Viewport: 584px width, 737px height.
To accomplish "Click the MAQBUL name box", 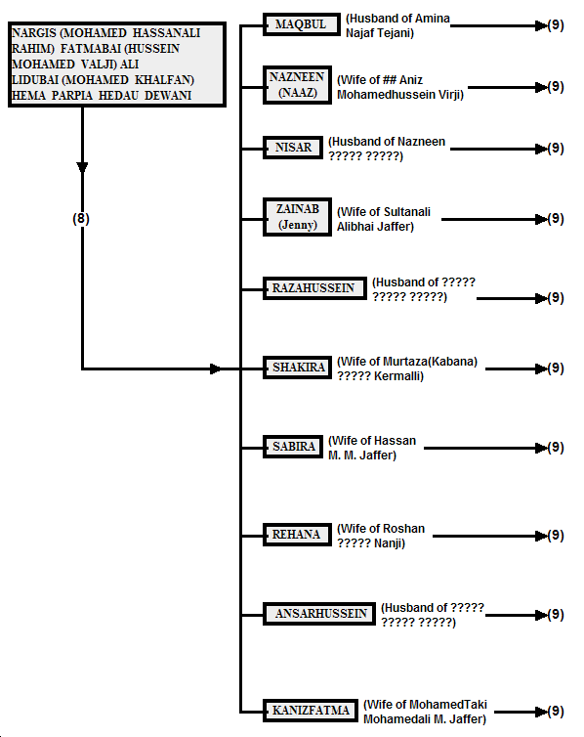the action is coord(302,24).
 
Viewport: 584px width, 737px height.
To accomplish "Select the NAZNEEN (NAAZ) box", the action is coord(297,85).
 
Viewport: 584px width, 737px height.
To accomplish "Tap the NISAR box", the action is coord(293,148).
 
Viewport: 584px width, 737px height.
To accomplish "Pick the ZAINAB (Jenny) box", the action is coord(297,217).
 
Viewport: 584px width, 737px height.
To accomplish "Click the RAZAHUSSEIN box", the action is coord(314,288).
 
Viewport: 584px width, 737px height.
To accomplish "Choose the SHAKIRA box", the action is coord(297,368).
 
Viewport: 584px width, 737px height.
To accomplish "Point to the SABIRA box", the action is coord(293,446).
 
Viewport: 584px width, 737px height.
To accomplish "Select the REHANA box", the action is coord(297,535).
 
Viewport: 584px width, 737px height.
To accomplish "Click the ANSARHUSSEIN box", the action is coord(319,614).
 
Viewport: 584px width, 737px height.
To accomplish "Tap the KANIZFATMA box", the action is coord(311,710).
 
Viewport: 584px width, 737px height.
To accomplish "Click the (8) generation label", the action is coord(81,219).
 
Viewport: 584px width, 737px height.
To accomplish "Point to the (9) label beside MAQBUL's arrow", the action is coord(556,24).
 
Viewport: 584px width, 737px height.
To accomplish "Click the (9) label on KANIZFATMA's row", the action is coord(556,712).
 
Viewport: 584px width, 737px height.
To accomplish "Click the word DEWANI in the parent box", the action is coord(168,96).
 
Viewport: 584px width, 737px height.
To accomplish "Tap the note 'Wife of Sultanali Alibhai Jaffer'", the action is coord(384,219).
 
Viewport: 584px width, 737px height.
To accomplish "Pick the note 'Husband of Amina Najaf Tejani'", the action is coord(397,25).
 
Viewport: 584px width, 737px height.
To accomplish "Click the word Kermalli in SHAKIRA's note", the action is coord(398,376).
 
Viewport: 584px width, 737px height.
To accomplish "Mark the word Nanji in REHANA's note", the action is coord(390,543).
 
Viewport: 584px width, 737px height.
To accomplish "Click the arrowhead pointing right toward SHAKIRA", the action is coord(216,368).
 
